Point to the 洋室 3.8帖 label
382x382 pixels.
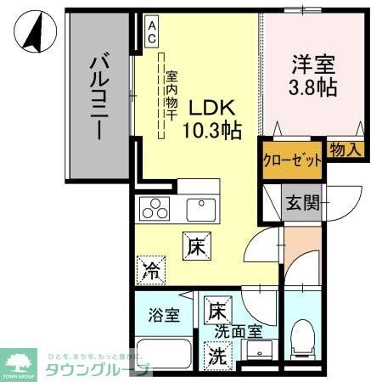tap(313, 73)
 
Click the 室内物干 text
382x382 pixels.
tap(171, 93)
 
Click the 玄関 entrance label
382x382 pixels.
tap(302, 202)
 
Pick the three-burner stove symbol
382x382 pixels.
tap(154, 208)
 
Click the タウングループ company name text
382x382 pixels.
tap(98, 368)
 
